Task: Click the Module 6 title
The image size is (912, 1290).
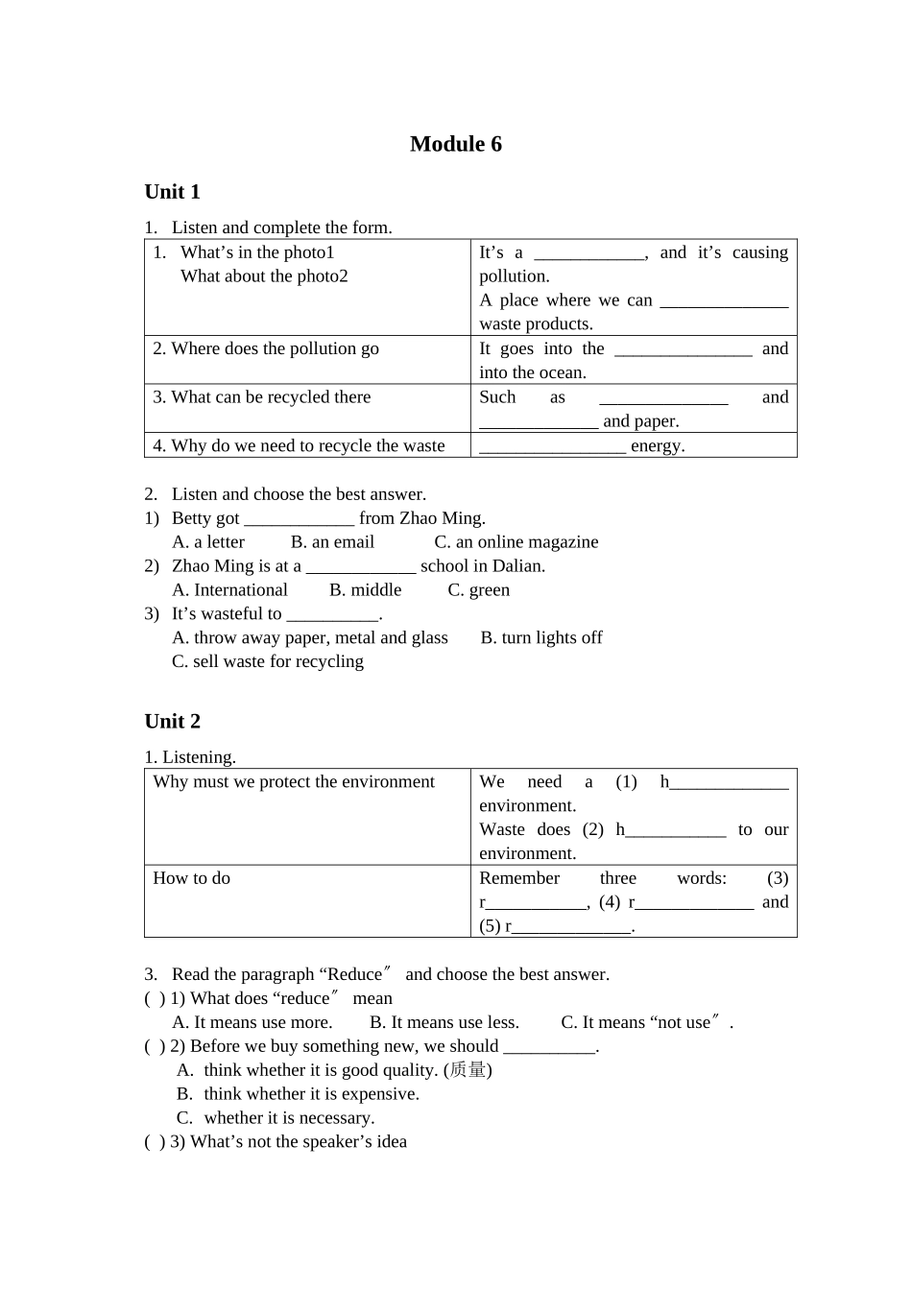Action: coord(455,144)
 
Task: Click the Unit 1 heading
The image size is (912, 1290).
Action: coord(172,192)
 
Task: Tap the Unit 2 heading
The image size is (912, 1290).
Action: coord(172,722)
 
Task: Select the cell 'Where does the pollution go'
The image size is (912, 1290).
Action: coord(266,349)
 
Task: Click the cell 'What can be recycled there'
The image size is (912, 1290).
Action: coord(261,397)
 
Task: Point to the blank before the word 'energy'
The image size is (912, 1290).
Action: coord(552,446)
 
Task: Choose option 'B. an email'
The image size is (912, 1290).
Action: coord(332,542)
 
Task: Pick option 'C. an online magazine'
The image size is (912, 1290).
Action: coord(516,542)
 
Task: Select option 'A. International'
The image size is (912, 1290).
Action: coord(229,590)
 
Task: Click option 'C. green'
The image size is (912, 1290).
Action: coord(478,590)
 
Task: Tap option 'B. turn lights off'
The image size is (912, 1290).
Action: coord(541,638)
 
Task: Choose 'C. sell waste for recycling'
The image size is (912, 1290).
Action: coord(268,661)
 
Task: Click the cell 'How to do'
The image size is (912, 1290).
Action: coord(192,878)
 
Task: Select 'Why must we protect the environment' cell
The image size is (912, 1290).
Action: coord(294,782)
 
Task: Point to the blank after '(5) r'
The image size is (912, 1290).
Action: coord(572,927)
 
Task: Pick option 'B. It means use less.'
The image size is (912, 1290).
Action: coord(444,1023)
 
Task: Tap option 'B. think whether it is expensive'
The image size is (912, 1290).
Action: coord(298,1094)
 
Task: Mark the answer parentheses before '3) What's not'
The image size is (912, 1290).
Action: coord(155,1142)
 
